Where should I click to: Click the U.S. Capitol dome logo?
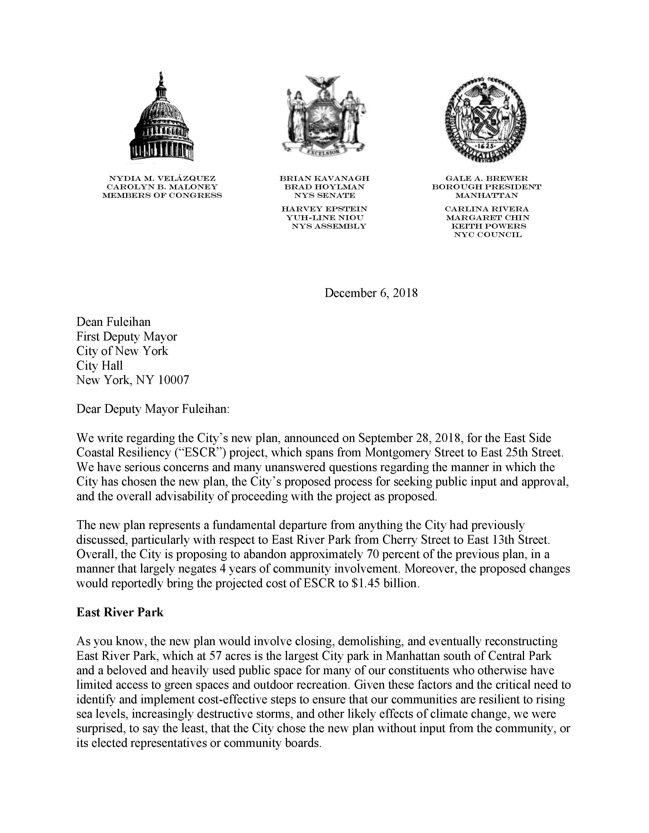[x=162, y=118]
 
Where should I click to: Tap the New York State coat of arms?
[x=324, y=115]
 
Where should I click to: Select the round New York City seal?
[x=486, y=119]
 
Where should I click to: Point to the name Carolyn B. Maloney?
[x=162, y=187]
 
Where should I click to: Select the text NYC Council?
[x=488, y=235]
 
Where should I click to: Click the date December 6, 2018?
[x=371, y=293]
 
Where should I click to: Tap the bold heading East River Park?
[x=120, y=612]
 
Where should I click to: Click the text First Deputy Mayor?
[x=127, y=337]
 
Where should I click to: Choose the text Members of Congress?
[x=162, y=196]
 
